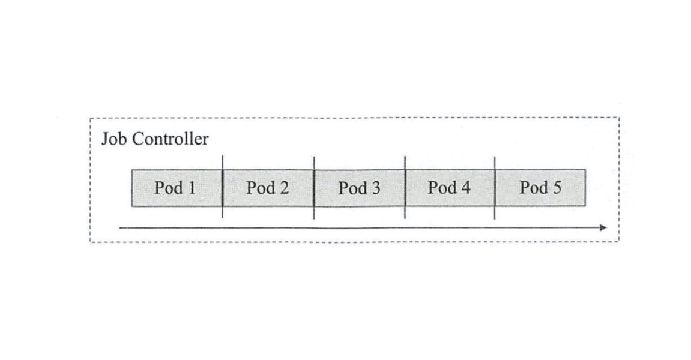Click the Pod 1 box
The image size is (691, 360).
[177, 188]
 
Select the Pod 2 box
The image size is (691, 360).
[268, 188]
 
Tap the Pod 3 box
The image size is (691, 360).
[360, 188]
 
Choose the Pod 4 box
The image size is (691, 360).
[450, 188]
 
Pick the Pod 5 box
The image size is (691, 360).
[540, 188]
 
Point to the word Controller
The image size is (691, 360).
[170, 139]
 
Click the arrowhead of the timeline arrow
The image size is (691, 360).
[603, 227]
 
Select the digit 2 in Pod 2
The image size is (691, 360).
[283, 188]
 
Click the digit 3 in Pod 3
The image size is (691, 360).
[375, 188]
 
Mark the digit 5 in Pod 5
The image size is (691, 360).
[557, 188]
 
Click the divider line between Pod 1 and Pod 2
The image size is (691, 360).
[223, 187]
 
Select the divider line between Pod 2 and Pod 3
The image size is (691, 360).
[314, 187]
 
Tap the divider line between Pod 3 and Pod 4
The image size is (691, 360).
[405, 187]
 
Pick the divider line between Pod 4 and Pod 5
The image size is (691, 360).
[495, 188]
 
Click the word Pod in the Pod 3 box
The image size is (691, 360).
[352, 188]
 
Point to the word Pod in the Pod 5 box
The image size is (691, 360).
[534, 188]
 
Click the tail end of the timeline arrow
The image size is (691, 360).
[120, 228]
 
